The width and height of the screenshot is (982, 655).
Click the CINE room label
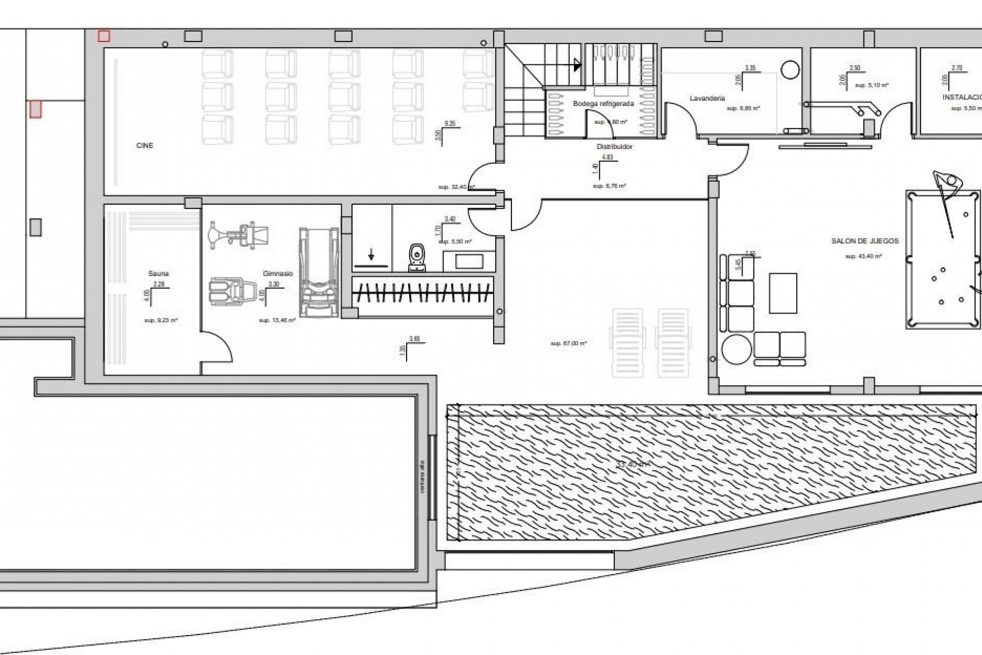(x=145, y=146)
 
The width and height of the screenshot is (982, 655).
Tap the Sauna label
(x=159, y=274)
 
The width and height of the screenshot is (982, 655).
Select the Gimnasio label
(x=278, y=274)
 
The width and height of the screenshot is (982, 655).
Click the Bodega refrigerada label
(x=603, y=104)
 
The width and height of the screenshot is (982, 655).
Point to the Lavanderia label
(x=707, y=98)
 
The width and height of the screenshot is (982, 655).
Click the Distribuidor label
(x=614, y=147)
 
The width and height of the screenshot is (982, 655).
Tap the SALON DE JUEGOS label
(x=865, y=241)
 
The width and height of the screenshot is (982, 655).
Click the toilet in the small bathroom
(x=418, y=257)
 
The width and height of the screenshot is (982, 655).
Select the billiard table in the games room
(x=944, y=259)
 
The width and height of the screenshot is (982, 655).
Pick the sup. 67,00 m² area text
(x=568, y=344)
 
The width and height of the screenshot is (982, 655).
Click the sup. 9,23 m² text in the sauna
(x=161, y=321)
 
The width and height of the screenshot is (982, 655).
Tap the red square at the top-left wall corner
(x=104, y=36)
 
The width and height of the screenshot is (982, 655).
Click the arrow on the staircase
(x=577, y=65)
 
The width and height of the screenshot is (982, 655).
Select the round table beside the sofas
(x=736, y=349)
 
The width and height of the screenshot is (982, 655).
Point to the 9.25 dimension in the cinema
(x=450, y=124)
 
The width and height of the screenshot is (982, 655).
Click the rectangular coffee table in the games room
(x=783, y=293)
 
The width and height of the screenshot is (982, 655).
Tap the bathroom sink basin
(x=470, y=261)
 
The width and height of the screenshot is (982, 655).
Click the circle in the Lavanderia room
(x=790, y=70)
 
